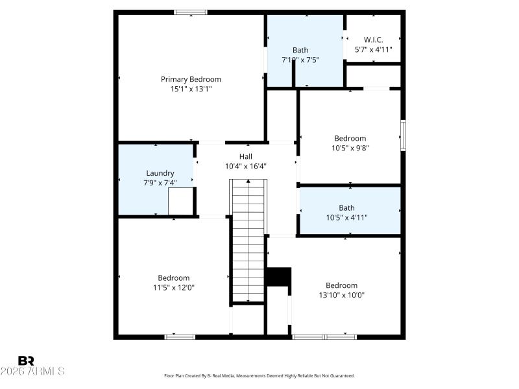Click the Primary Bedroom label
click(x=191, y=79)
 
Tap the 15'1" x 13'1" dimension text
click(x=191, y=89)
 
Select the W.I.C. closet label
click(x=373, y=40)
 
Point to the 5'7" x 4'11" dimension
click(x=373, y=49)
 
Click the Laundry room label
click(x=160, y=173)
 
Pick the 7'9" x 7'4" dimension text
click(x=160, y=183)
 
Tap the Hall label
click(x=246, y=156)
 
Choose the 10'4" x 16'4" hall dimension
click(x=246, y=166)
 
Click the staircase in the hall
click(x=248, y=240)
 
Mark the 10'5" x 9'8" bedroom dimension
click(x=350, y=148)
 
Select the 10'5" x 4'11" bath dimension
click(x=346, y=218)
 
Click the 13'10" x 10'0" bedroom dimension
click(x=341, y=295)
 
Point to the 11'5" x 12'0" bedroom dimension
click(x=174, y=288)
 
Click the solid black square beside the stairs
click(x=279, y=276)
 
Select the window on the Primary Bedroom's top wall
click(x=191, y=12)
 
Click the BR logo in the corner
click(x=26, y=360)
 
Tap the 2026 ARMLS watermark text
click(x=32, y=371)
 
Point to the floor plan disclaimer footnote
click(x=259, y=375)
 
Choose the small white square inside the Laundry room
click(x=181, y=201)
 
